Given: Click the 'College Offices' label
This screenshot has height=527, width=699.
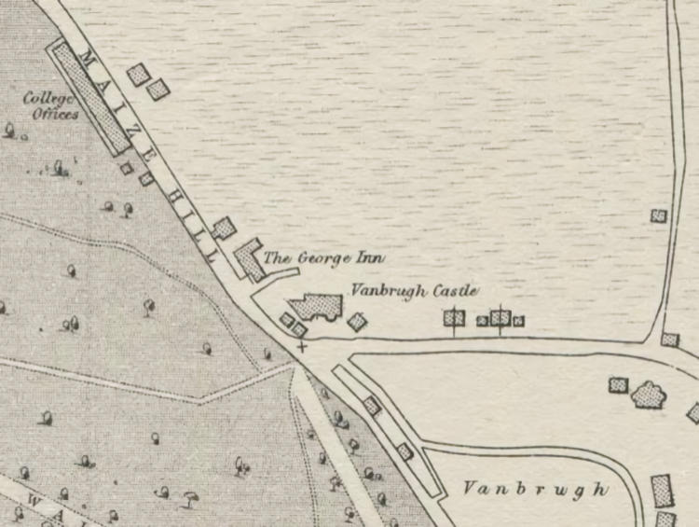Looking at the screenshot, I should (x=51, y=104).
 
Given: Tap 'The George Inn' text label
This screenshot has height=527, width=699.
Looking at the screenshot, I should (x=323, y=257).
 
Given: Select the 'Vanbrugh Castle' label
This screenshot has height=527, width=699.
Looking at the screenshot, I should (x=414, y=292).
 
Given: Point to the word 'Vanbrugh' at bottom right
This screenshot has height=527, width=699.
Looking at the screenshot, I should (x=535, y=489).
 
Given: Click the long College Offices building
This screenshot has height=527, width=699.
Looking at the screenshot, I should (x=89, y=97).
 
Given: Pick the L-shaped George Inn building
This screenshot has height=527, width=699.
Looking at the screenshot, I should (x=251, y=259).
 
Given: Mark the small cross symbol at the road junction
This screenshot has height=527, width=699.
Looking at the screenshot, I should (x=301, y=346).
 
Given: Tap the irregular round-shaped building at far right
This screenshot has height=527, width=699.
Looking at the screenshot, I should (x=649, y=395).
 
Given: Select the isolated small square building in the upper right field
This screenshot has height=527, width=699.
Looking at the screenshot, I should (x=659, y=215).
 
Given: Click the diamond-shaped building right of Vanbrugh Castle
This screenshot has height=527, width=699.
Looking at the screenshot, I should (x=357, y=322).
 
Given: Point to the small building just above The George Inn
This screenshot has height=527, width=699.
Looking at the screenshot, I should (x=224, y=228).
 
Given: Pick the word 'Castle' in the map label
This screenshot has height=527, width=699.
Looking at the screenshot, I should (x=455, y=292).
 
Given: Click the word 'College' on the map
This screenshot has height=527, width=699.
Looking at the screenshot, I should (x=47, y=97).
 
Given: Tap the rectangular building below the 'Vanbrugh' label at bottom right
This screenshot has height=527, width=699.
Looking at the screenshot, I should (x=662, y=490).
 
